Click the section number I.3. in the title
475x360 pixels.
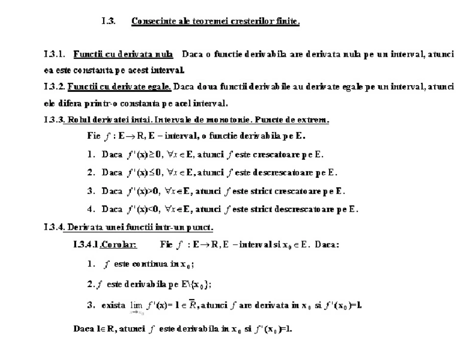click(108, 22)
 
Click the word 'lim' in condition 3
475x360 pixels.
click(128, 305)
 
